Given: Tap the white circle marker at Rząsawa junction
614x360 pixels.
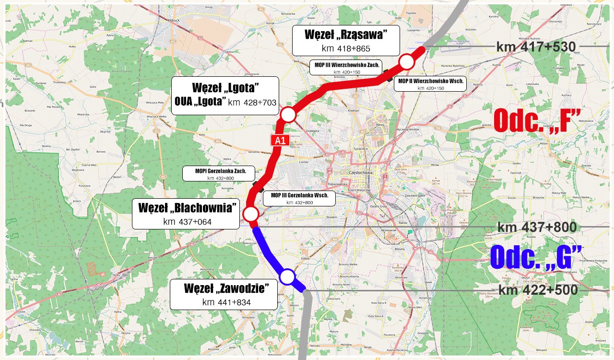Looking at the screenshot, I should pos(407,62).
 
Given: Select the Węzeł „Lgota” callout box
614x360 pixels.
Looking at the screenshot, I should pos(225,95).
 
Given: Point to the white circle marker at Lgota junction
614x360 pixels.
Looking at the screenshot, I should pos(288,115).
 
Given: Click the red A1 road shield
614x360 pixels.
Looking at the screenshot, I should pos(280,140).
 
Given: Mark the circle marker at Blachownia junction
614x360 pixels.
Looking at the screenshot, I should pos(251,214).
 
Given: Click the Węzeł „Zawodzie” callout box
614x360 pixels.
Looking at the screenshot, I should pos(224,295).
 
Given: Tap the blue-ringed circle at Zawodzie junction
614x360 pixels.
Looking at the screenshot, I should pos(287,276).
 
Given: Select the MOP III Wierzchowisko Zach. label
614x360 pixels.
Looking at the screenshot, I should pos(347,68).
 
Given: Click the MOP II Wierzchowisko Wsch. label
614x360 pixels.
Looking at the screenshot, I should pos(424,84).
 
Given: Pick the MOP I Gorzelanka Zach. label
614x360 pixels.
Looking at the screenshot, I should pos(217,174).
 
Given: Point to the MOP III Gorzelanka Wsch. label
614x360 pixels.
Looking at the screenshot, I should pos(299,198).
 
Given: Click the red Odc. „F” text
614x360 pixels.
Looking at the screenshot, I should pos(537,120).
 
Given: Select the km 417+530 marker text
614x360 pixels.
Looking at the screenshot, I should pos(533,47).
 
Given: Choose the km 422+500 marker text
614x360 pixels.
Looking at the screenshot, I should pos(538,290).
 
